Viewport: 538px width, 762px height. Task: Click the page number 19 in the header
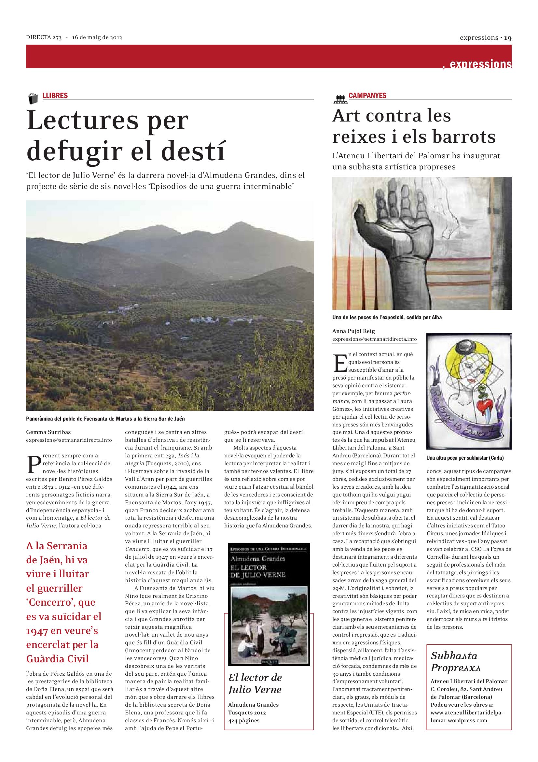[x=508, y=38]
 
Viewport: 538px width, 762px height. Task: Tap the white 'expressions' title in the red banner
[x=480, y=64]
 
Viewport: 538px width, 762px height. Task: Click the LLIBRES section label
[x=55, y=95]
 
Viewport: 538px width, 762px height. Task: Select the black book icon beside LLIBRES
[x=33, y=98]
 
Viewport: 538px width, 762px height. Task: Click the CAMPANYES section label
[x=367, y=95]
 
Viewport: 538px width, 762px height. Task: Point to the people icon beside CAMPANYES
[x=340, y=98]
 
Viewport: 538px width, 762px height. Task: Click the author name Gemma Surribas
[x=48, y=432]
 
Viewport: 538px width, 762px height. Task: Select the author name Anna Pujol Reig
[x=353, y=331]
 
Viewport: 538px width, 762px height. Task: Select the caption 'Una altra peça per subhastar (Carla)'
[x=465, y=458]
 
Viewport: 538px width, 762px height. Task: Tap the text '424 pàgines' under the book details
[x=244, y=721]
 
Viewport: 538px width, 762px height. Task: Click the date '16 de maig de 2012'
[x=97, y=37]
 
